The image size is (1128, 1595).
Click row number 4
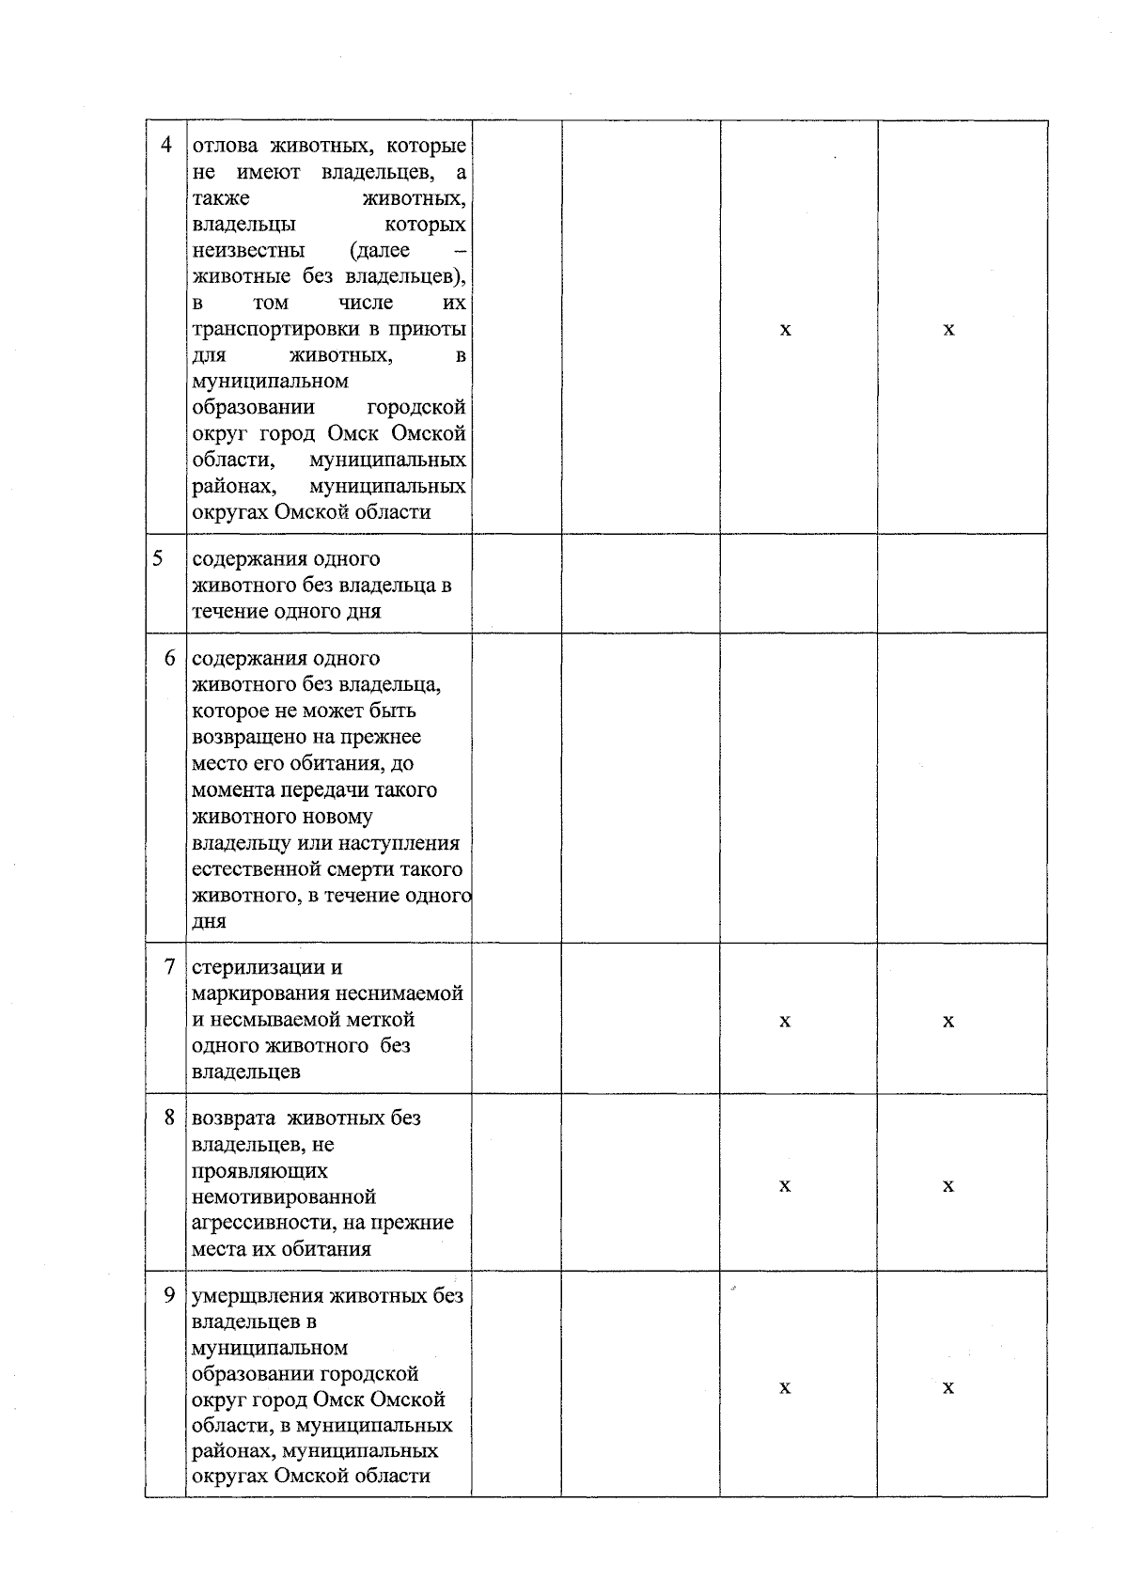click(167, 147)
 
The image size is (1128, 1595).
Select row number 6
click(169, 658)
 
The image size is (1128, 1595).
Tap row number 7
click(169, 966)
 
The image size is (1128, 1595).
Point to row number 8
click(169, 1118)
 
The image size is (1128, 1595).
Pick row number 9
click(169, 1295)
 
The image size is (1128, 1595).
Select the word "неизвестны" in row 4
click(248, 251)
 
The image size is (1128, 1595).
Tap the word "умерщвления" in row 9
click(258, 1296)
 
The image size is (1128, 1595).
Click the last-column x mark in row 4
click(948, 329)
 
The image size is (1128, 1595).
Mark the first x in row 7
click(785, 1021)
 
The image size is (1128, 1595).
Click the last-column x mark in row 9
click(948, 1388)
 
